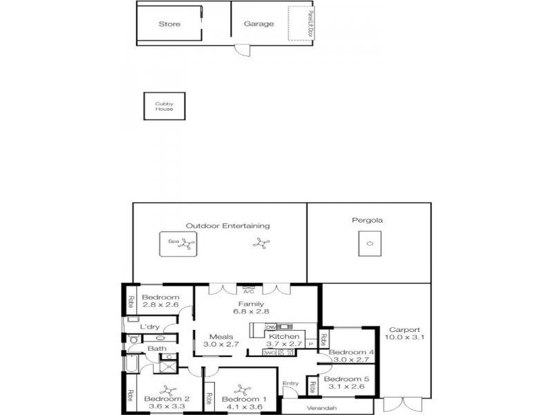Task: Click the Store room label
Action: (169, 24)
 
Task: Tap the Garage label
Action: (259, 24)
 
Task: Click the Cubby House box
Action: (165, 106)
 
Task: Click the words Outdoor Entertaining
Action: (227, 225)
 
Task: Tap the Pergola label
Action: (370, 221)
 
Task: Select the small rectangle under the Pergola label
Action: (370, 243)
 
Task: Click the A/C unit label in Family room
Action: (249, 290)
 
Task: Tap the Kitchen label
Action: (283, 337)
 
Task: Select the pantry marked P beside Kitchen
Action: (310, 343)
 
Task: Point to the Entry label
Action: (290, 382)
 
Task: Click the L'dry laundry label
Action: (150, 326)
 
